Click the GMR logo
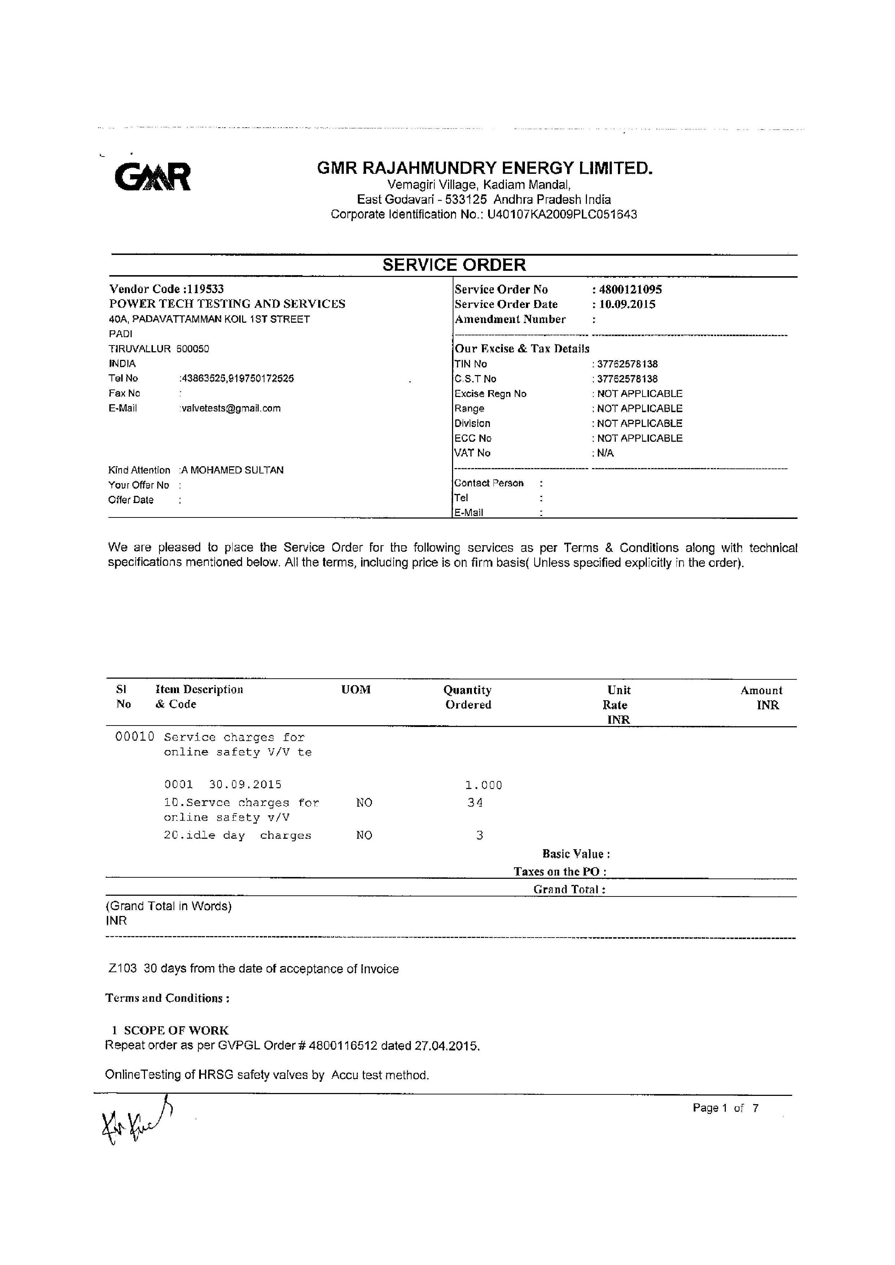pos(153,176)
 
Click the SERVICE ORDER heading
pos(454,265)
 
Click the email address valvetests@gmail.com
pos(231,408)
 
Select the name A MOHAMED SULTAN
pos(233,470)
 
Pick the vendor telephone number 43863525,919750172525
pos(237,379)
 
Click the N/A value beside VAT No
pos(605,453)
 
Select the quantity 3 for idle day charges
pos(479,835)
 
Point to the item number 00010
pos(135,737)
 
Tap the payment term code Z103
pos(122,969)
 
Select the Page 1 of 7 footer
pos(725,1108)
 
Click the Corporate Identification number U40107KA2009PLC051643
pos(562,214)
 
